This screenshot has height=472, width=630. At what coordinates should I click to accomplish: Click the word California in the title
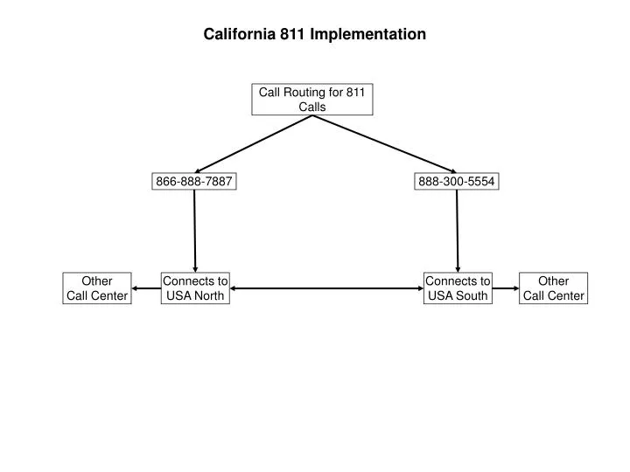coord(239,35)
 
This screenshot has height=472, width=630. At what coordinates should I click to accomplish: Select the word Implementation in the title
coord(367,35)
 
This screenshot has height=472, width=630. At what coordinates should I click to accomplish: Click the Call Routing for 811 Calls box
coord(312,100)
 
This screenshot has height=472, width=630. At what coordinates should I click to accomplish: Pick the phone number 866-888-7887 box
coord(194,182)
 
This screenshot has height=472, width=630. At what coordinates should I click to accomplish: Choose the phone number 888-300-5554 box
coord(457,182)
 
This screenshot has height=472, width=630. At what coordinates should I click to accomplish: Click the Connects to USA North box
coord(195,288)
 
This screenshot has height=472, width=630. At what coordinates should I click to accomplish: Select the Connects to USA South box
coord(457,288)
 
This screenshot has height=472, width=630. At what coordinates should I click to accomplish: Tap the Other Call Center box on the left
coord(97,288)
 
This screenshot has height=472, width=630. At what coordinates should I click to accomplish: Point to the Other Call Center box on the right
coord(552,288)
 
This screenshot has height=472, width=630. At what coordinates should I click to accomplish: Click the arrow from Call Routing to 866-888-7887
coord(254,144)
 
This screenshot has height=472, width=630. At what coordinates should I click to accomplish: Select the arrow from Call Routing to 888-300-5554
coord(385,144)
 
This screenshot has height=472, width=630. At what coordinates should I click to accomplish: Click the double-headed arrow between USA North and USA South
coord(325,288)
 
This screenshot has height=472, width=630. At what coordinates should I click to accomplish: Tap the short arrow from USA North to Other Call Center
coord(146,288)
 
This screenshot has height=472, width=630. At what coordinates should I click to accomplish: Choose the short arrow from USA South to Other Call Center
coord(505,288)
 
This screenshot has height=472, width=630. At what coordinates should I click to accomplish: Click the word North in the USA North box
coord(208,296)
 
